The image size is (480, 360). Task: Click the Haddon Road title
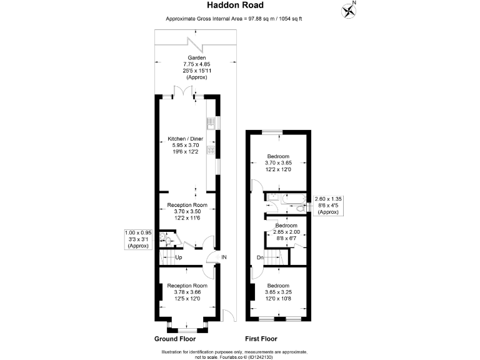(240, 6)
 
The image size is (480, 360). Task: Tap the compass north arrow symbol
(350, 10)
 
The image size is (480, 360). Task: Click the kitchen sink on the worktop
(211, 124)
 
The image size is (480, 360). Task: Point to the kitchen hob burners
(211, 150)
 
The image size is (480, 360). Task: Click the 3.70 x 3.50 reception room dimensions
(187, 211)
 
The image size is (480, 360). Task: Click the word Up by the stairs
(178, 257)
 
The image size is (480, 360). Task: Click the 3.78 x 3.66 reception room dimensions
(187, 292)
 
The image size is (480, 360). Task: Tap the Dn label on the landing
(260, 257)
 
